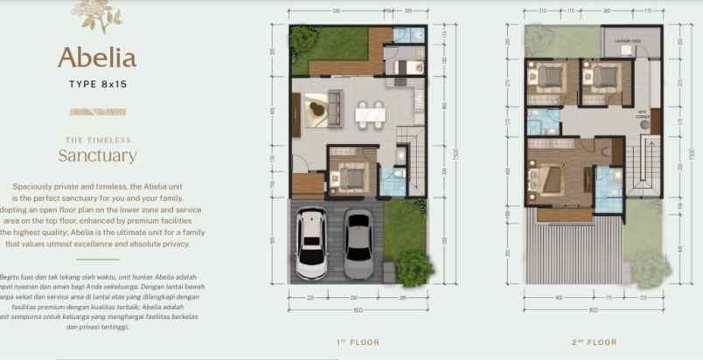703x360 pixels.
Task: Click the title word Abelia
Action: pos(97,58)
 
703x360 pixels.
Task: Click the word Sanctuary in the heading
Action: pos(97,156)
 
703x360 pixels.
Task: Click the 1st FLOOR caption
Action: pos(358,343)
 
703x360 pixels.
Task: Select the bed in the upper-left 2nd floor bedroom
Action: pos(549,80)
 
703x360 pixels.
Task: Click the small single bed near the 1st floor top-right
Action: pos(407,66)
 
